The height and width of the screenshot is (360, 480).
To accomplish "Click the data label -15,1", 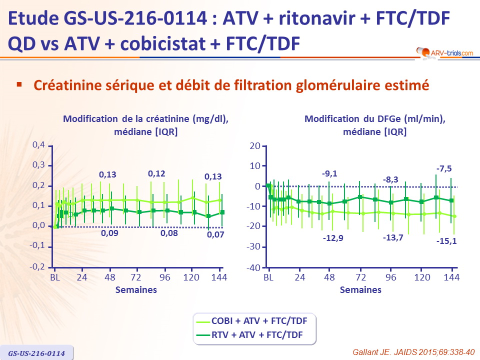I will [446, 241].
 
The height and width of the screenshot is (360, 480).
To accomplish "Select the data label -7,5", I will [444, 169].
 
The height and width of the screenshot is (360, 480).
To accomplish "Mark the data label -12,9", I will [333, 237].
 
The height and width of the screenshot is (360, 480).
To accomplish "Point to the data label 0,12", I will [156, 174].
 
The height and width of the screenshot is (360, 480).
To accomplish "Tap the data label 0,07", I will [216, 234].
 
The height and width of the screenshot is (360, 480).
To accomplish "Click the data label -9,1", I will [329, 173].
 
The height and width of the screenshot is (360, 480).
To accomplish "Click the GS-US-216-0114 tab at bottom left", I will [36, 353].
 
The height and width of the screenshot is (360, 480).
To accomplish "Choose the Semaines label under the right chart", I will [360, 290].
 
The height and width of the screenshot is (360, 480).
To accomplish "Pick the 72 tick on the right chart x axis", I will [360, 277].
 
